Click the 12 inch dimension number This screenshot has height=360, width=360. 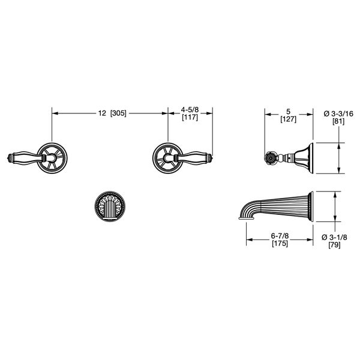tap(102, 113)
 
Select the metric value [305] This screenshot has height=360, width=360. tap(118, 113)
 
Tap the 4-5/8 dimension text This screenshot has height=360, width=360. tap(190, 110)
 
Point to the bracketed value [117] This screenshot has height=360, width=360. tap(190, 118)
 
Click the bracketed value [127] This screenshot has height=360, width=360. tap(289, 119)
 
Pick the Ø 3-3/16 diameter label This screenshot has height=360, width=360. tap(338, 113)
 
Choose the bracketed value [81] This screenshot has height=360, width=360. tap(338, 121)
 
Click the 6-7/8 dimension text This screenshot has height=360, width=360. tap(280, 236)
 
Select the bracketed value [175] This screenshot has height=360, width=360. tap(280, 244)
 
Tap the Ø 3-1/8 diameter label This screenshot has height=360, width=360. tap(334, 237)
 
